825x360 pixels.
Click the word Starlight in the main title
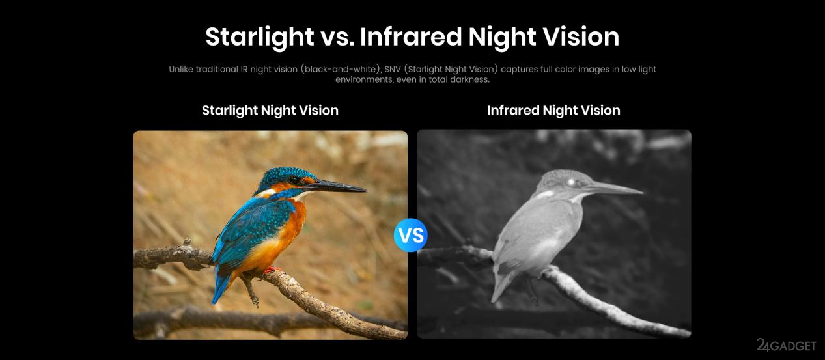point(260,37)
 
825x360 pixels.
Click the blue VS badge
point(411,235)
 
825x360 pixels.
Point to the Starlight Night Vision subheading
point(270,111)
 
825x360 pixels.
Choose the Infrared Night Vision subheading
point(553,111)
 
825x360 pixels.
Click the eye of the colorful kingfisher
point(294,180)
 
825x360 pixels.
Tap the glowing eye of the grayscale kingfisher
point(572,182)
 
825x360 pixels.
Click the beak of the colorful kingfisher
point(337,186)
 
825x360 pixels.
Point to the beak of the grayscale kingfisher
point(613,188)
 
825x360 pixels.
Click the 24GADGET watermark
point(786,345)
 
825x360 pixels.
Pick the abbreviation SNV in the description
point(392,69)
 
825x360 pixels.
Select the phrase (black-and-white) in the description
point(341,69)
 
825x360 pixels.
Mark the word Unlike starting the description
point(181,69)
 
